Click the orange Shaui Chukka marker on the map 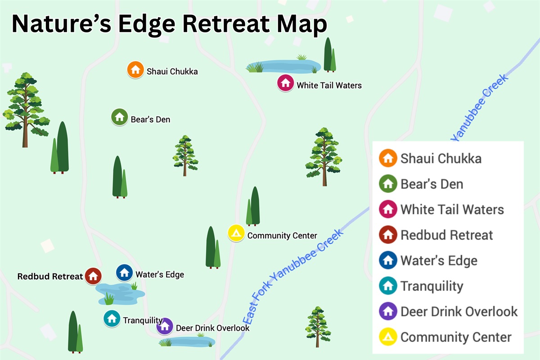click(x=135, y=70)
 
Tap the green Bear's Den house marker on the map click(x=119, y=117)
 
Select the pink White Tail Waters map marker click(x=285, y=83)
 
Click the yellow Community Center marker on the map click(x=236, y=233)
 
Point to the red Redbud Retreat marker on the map click(x=93, y=275)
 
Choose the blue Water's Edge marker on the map click(x=124, y=273)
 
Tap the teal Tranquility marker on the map click(x=112, y=319)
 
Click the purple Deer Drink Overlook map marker click(x=165, y=326)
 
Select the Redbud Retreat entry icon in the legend click(x=388, y=235)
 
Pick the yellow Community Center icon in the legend click(x=388, y=337)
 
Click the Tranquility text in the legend click(x=432, y=286)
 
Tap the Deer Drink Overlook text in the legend click(x=459, y=311)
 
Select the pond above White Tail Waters click(x=283, y=67)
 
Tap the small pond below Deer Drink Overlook click(x=187, y=342)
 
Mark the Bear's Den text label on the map click(x=150, y=120)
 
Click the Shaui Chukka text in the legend click(x=441, y=159)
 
